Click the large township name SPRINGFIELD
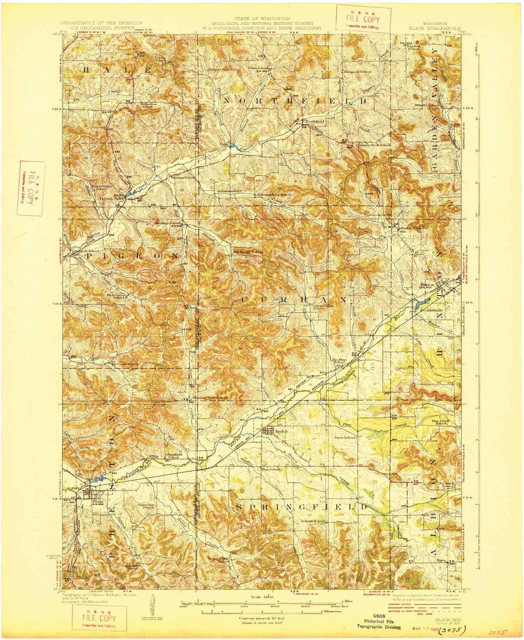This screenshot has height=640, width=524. point(301,507)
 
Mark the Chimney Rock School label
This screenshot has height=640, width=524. point(373,145)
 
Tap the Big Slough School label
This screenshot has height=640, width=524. point(247,252)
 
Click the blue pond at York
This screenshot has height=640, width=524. point(235,146)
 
